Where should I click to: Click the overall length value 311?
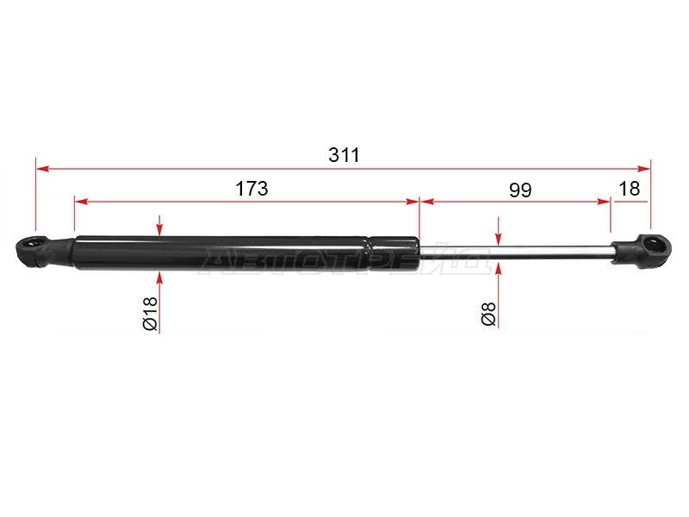[344, 155]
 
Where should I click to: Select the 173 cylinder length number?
[251, 189]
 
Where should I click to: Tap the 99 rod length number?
[520, 190]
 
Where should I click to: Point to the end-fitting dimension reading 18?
[630, 189]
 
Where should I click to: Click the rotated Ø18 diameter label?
[150, 313]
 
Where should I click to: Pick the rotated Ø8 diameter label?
[488, 314]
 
